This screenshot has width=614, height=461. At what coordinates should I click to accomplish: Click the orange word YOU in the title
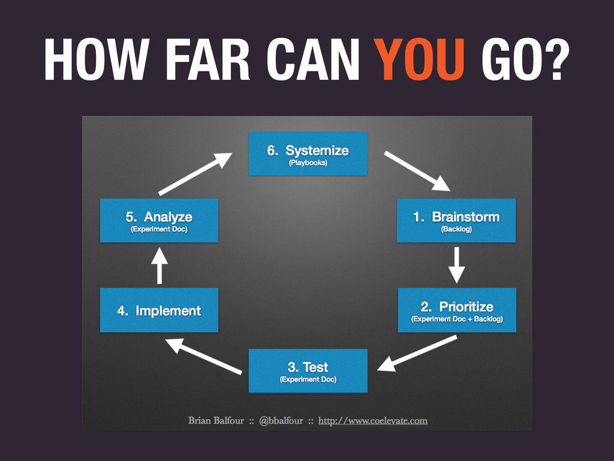point(420,61)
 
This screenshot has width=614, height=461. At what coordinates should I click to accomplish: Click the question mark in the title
point(554,61)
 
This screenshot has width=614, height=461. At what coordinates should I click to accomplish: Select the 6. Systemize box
point(308,154)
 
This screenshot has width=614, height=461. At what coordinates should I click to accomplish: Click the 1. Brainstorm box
point(456,220)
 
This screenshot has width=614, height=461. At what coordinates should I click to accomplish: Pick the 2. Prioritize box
point(456,310)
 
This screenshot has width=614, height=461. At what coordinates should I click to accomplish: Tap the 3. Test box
point(308,370)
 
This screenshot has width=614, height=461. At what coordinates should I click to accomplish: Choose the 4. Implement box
point(159,310)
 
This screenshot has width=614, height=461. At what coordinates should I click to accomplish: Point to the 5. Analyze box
point(159,220)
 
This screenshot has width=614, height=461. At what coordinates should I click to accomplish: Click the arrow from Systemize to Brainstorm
point(417,170)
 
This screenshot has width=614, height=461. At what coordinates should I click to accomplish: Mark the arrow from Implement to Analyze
point(159,265)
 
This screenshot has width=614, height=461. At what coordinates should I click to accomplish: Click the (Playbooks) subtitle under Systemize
point(308,163)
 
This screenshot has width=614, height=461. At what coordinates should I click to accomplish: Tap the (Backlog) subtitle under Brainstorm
point(456,229)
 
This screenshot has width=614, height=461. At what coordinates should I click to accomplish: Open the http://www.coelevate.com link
point(372,421)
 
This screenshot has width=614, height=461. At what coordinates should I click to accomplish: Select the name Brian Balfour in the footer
point(216,421)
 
